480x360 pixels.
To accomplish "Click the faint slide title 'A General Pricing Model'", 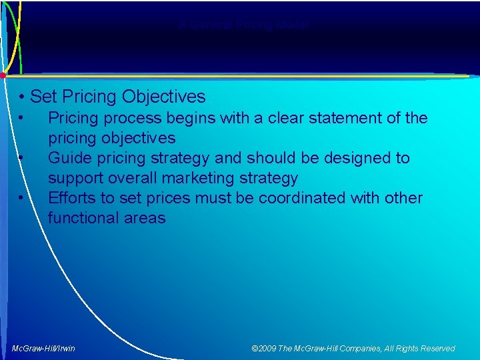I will [x=243, y=25].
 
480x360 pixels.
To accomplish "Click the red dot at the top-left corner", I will [x=3, y=74].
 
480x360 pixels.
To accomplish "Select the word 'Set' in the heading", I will [x=43, y=97].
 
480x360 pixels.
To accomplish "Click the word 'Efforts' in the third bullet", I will [x=72, y=199].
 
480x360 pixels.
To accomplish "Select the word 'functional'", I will [x=83, y=219].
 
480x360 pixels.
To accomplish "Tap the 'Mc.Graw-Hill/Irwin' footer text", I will [x=43, y=349].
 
